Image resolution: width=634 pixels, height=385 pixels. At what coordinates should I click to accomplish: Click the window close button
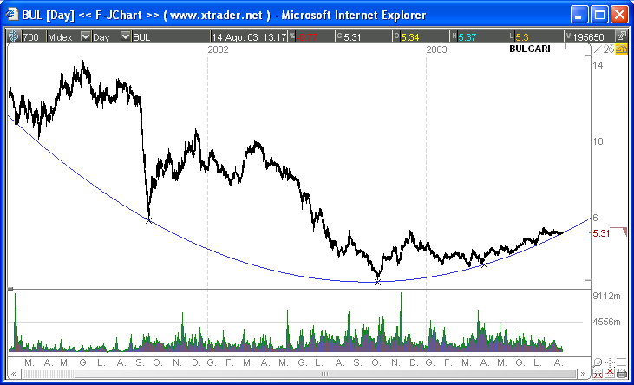click(x=618, y=15)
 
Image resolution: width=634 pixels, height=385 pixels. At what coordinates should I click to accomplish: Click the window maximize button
click(x=599, y=15)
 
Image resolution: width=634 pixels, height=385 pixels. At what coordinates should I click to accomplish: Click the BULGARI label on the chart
click(x=530, y=49)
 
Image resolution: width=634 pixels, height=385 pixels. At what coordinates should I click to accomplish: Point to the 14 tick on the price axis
click(x=598, y=66)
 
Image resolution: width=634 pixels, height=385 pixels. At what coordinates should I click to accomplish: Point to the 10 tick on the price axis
click(x=598, y=141)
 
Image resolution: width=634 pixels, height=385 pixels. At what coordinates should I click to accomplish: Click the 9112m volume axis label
click(x=607, y=297)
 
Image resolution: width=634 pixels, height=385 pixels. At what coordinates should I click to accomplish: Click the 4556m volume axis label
click(x=607, y=322)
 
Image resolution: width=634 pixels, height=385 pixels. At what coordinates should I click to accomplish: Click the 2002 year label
click(x=219, y=50)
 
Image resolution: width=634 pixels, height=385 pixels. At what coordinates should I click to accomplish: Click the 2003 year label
click(x=437, y=50)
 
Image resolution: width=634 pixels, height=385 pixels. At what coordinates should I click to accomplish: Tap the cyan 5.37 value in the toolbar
click(x=468, y=36)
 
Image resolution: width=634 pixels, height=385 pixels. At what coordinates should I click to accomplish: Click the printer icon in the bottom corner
click(x=622, y=373)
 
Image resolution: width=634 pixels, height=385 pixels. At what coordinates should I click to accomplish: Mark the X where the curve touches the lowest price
click(x=377, y=282)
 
